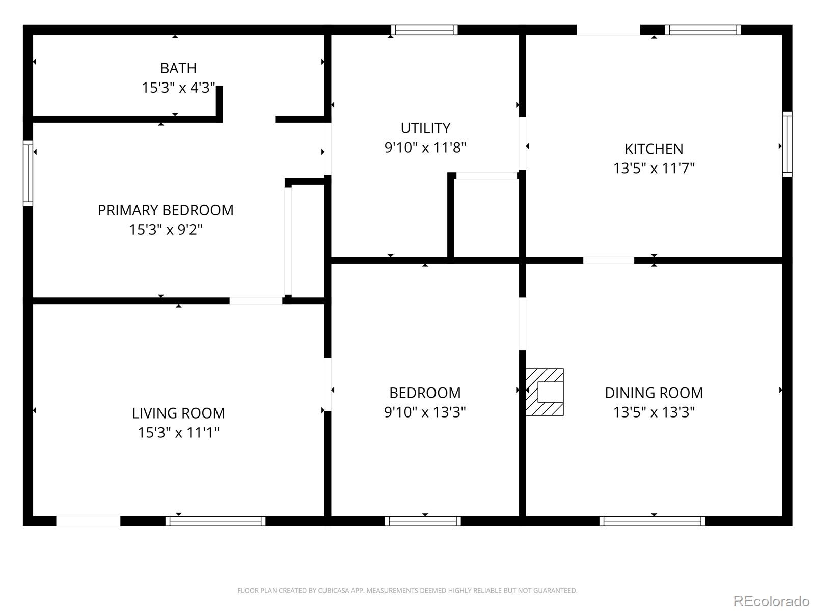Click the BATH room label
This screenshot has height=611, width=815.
tap(178, 68)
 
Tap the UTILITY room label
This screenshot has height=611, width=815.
tap(425, 128)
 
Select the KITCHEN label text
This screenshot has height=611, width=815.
tap(654, 149)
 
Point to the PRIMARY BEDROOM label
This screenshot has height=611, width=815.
tap(166, 210)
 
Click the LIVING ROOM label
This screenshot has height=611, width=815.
tap(179, 413)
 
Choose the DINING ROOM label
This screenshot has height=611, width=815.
tap(654, 393)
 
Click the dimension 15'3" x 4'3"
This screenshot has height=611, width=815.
tap(179, 88)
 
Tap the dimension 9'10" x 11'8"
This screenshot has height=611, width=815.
tap(425, 147)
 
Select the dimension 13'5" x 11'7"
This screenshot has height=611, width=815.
tap(654, 168)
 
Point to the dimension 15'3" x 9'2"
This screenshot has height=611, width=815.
tap(166, 229)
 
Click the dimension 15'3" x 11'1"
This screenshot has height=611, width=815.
tap(179, 432)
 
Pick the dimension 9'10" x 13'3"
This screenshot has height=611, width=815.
tap(425, 412)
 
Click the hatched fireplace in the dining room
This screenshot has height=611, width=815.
tap(545, 392)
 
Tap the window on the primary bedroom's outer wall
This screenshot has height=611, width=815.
tap(28, 173)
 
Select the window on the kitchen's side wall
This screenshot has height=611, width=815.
tap(787, 144)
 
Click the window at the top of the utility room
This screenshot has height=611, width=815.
tap(424, 30)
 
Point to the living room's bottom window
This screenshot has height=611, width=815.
tap(215, 521)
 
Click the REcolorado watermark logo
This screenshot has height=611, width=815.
tap(771, 600)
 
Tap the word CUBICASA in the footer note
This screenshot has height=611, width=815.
tap(332, 590)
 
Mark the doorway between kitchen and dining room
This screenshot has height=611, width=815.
tap(609, 260)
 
